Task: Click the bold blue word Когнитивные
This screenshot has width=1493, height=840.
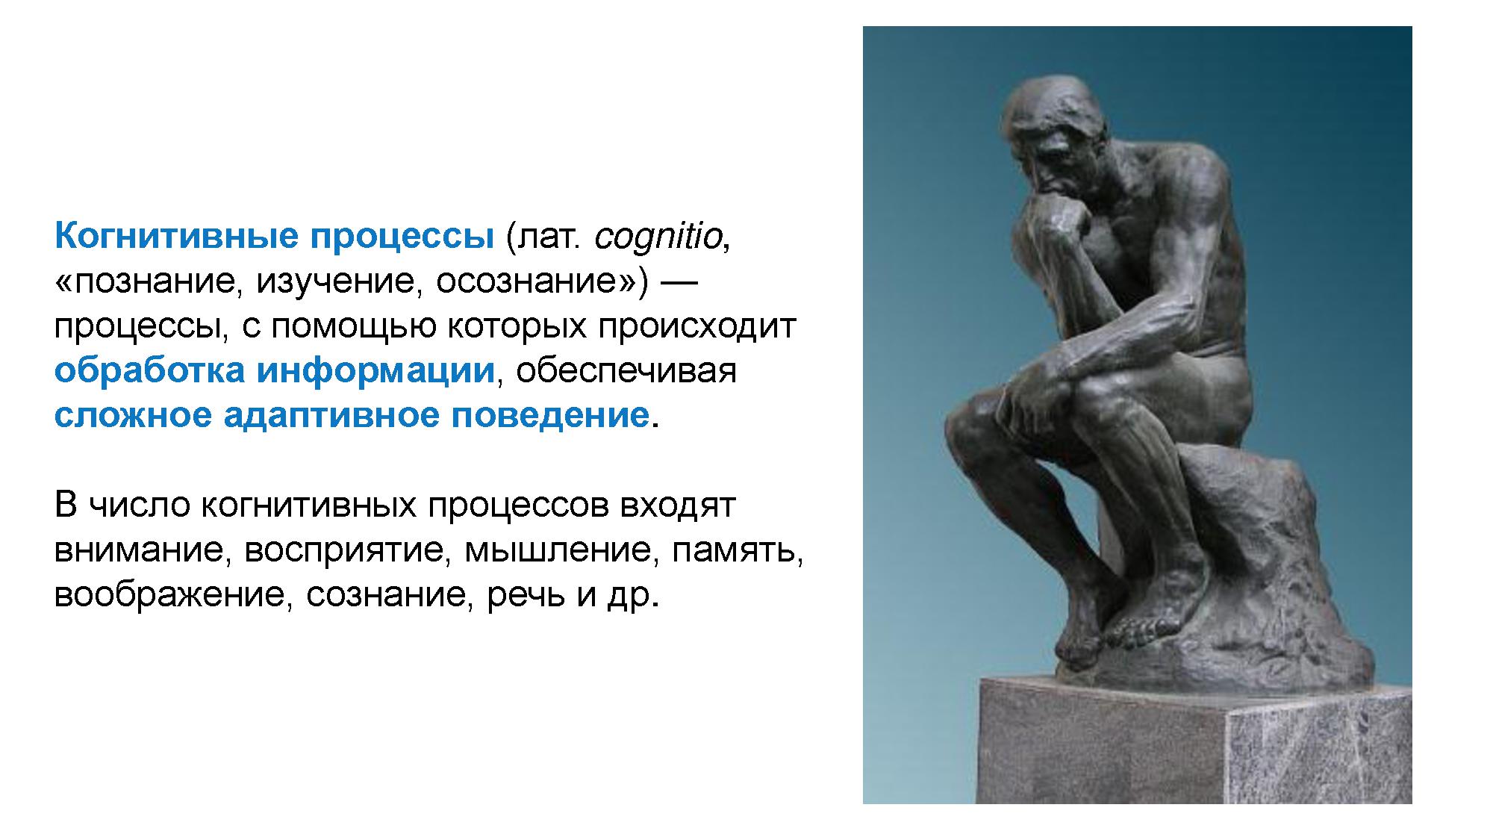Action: pyautogui.click(x=177, y=237)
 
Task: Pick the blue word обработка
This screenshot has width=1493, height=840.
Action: pyautogui.click(x=149, y=370)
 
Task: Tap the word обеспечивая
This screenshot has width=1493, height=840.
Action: pyautogui.click(x=626, y=370)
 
